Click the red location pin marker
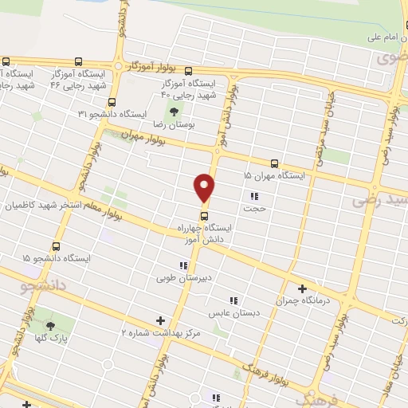[205, 188]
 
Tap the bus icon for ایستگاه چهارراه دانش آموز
[205, 215]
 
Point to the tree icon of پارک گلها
[50, 325]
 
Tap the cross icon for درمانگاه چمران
[302, 288]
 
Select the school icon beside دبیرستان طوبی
[183, 265]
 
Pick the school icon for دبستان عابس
[233, 300]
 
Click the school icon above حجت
[254, 196]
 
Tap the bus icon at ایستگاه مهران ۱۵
[275, 163]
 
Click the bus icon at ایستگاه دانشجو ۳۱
[111, 102]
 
